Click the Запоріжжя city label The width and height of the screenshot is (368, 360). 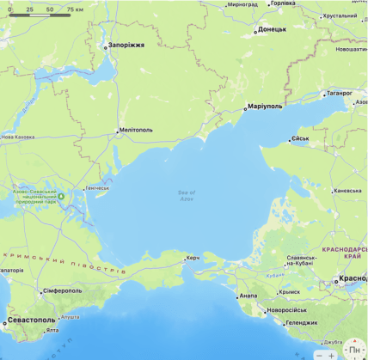coord(126,45)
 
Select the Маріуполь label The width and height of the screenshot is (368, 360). coord(264,107)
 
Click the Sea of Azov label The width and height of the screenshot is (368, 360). coord(187,196)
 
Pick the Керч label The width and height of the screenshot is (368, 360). coord(193,258)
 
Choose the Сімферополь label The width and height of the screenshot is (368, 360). coord(62,290)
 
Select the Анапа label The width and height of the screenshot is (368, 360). coord(248,296)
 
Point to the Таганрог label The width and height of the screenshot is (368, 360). coord(338,93)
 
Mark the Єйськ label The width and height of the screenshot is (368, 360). coord(301,138)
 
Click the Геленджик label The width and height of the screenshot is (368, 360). coord(302,323)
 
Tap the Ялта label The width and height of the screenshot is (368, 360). coord(52,330)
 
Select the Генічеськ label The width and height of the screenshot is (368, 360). coord(97,187)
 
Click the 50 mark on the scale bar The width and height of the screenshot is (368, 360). coord(50,9)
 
